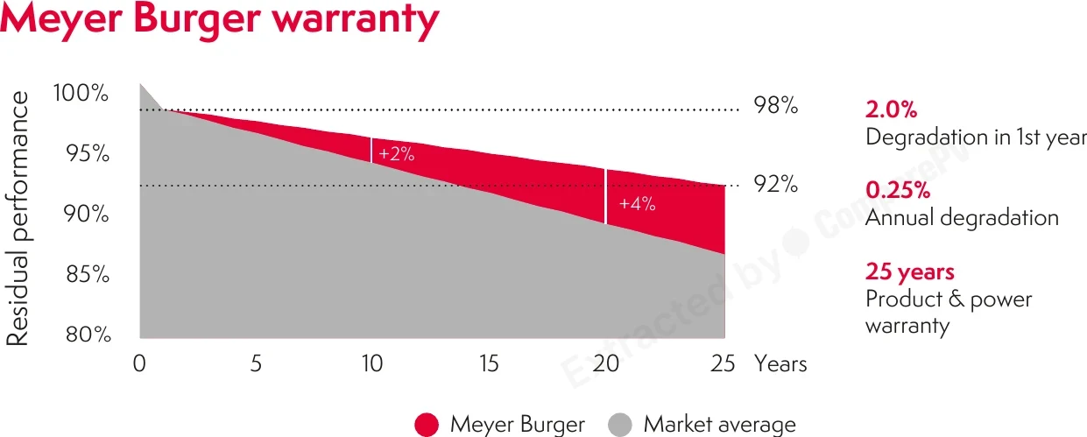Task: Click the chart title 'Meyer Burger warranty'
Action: (x=219, y=20)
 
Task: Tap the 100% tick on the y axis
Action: (x=81, y=93)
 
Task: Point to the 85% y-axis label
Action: (x=88, y=274)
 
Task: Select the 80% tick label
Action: (x=88, y=335)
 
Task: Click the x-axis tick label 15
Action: (x=489, y=363)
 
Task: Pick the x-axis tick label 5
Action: (x=257, y=363)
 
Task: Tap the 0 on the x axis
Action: (x=139, y=363)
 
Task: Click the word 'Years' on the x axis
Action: (x=780, y=363)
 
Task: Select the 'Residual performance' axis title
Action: (x=18, y=218)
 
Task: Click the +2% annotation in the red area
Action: (x=397, y=154)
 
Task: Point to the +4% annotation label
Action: (x=637, y=204)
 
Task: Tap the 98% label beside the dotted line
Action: (x=775, y=105)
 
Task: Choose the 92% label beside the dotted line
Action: (x=775, y=184)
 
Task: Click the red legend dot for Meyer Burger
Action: (x=427, y=425)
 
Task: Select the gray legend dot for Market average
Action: (x=619, y=425)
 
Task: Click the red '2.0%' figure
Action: (x=892, y=109)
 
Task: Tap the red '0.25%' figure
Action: (x=898, y=190)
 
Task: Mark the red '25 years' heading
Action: (x=910, y=271)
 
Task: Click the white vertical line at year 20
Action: (x=605, y=196)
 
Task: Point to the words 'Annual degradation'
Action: (x=962, y=218)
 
